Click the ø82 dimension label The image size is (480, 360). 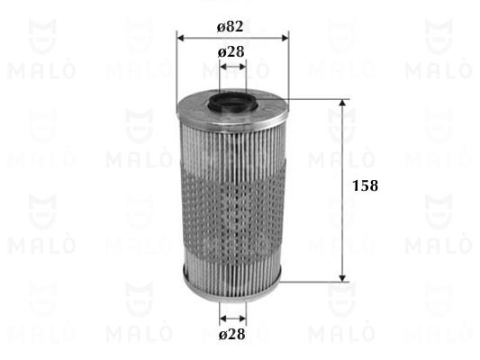point(231,27)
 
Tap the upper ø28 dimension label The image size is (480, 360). point(231,52)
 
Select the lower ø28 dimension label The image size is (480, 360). point(232,334)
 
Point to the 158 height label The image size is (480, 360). point(366,185)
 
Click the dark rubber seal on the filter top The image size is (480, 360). point(233,103)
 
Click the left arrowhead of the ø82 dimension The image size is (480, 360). point(181,38)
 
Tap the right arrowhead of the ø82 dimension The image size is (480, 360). point(285,38)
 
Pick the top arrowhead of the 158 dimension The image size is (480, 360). point(342,103)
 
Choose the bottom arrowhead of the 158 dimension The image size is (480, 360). point(342,278)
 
